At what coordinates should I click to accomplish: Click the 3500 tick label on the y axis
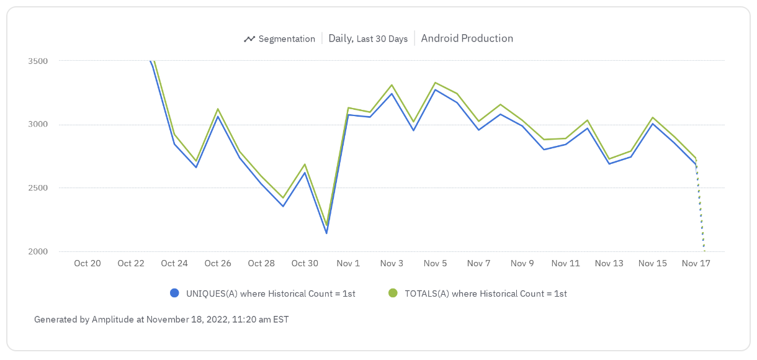37,61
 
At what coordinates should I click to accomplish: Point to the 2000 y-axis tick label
37,251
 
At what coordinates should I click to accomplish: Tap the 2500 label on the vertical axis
37,188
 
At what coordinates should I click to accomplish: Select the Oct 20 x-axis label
87,263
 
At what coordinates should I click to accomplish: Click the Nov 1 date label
348,263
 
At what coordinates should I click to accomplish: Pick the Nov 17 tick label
696,263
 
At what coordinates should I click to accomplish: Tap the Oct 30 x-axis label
305,263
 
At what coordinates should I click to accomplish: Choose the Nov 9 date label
522,263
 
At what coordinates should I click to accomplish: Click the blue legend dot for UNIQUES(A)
174,294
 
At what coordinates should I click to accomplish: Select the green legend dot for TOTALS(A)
392,294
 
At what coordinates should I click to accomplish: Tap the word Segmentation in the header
287,38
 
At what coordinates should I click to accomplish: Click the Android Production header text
467,38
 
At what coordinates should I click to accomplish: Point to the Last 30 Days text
382,39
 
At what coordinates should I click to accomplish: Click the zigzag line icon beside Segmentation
249,39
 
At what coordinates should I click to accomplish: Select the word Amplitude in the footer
114,320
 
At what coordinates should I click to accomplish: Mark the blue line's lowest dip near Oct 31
326,233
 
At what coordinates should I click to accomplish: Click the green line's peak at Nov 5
436,83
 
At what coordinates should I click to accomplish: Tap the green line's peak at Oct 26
218,109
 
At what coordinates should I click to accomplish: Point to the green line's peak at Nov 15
653,117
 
